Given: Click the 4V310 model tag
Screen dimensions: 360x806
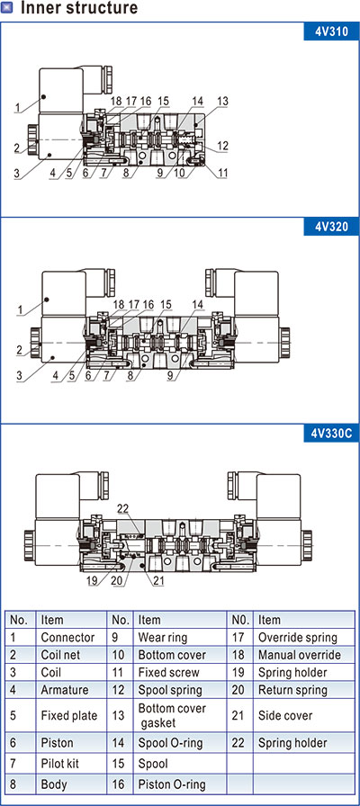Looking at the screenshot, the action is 331,31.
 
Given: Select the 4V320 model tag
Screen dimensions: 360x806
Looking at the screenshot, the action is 331,227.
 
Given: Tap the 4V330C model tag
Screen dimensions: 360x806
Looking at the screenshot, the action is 331,434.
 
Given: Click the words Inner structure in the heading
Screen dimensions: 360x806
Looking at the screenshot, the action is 79,8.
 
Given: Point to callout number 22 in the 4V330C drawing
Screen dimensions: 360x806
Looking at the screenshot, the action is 123,508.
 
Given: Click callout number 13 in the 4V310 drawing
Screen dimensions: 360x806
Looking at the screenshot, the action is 222,102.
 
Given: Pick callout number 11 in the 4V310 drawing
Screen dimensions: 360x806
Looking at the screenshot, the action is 222,174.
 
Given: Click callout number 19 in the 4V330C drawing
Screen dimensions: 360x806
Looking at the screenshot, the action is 93,581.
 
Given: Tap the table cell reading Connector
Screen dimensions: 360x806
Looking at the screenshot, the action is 67,638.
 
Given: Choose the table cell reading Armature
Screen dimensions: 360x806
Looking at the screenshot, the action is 65,690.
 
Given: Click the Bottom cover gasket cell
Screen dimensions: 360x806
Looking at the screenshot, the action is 172,715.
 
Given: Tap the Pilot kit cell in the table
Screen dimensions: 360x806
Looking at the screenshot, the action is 60,764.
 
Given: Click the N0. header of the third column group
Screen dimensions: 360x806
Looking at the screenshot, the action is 240,620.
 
